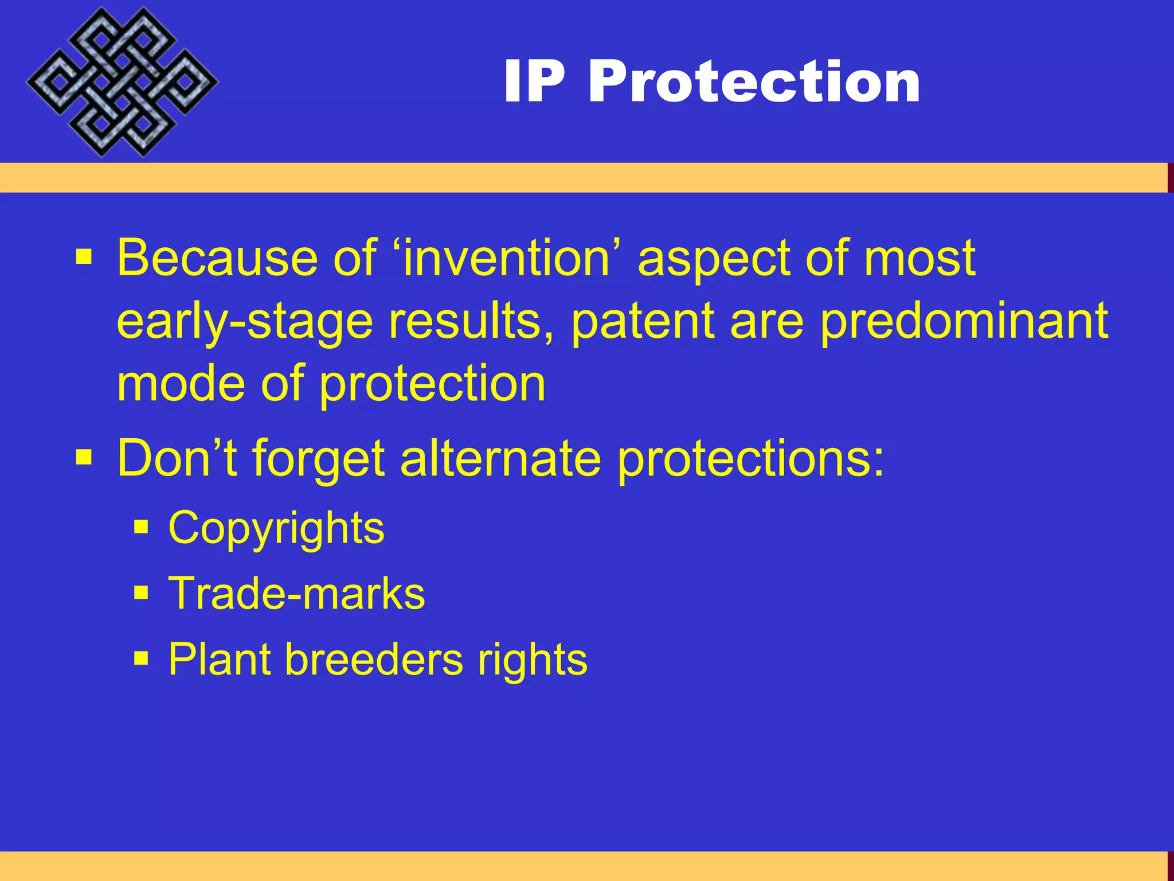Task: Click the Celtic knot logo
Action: tap(122, 82)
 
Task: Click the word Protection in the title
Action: tap(754, 82)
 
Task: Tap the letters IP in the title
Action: tap(534, 82)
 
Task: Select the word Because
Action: tap(217, 258)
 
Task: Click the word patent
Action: tap(643, 321)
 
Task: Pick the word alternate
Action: tap(500, 459)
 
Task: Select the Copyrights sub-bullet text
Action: tap(276, 528)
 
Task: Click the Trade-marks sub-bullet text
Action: tap(296, 594)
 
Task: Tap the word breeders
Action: tap(374, 660)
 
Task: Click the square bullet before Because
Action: tap(84, 258)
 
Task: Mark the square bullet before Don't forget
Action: tap(84, 458)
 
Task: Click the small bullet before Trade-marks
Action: tap(141, 592)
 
